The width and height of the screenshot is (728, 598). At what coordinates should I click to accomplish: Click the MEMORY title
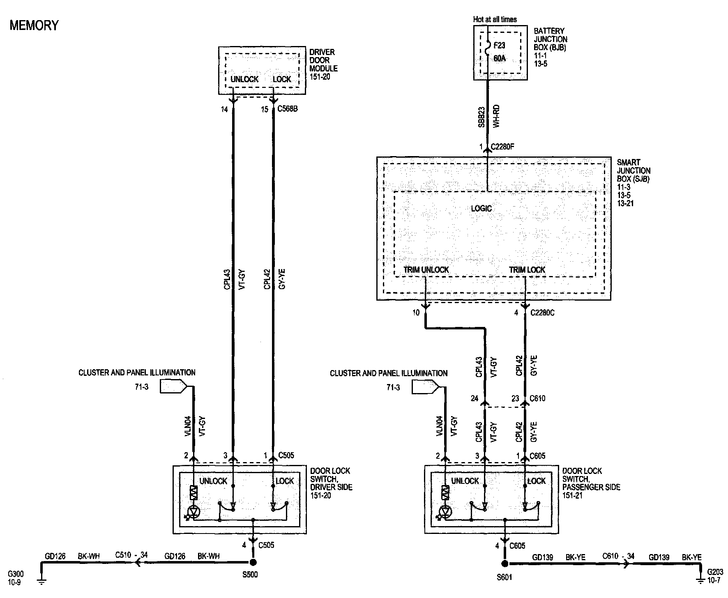tap(34, 25)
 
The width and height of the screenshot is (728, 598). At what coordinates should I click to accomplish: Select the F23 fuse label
tap(499, 45)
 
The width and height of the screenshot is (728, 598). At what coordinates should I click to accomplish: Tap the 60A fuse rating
tap(499, 59)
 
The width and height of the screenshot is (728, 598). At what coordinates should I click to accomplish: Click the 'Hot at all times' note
tap(495, 19)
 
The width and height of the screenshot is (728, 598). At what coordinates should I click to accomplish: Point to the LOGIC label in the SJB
tap(481, 208)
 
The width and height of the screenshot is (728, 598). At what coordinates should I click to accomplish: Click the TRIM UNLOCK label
tap(426, 270)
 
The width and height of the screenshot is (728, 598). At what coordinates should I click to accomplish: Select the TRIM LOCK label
tap(527, 270)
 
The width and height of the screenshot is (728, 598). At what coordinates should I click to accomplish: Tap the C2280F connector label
tap(502, 147)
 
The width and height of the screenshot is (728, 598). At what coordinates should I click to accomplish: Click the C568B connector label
tap(288, 109)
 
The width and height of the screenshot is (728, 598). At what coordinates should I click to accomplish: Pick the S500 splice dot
tap(253, 562)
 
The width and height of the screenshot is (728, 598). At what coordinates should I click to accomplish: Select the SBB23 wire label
tap(481, 117)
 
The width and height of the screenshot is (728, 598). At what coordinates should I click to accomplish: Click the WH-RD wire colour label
tap(496, 116)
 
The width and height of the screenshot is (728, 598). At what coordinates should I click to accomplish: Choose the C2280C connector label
tap(542, 313)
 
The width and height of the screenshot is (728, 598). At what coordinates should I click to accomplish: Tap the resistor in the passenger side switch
tap(445, 492)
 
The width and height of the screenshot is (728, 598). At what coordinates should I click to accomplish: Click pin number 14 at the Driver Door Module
tap(224, 109)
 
